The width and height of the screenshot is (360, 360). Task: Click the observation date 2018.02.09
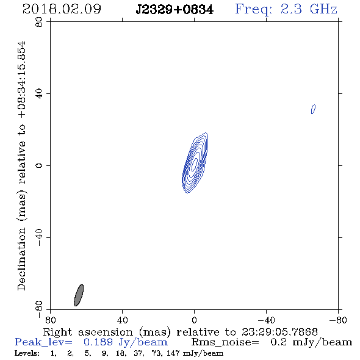click(62, 9)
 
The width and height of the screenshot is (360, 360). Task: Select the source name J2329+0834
click(175, 10)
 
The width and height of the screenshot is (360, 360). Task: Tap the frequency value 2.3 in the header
click(291, 9)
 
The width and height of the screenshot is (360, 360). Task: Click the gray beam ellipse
click(79, 295)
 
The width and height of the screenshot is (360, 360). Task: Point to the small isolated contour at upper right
click(313, 109)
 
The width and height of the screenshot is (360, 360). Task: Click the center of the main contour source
click(195, 163)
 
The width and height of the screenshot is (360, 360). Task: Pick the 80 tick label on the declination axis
click(39, 22)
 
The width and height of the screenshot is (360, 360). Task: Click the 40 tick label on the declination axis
click(39, 94)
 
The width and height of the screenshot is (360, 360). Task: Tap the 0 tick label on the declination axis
click(39, 165)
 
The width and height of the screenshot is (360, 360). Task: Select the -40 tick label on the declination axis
click(39, 237)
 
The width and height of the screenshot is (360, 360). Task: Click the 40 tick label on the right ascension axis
click(122, 320)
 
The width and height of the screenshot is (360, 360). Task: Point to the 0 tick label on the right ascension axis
click(194, 320)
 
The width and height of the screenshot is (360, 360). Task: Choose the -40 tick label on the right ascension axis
click(266, 320)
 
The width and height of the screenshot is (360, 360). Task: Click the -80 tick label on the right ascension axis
click(338, 320)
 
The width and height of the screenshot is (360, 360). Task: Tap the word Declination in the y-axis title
click(21, 259)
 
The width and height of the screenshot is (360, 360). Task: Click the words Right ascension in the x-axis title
click(88, 332)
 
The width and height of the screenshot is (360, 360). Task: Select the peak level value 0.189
click(98, 342)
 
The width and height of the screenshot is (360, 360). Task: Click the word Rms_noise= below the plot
click(225, 342)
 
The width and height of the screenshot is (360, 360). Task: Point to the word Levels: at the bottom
click(27, 353)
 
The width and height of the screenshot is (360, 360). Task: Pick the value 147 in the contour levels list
click(173, 353)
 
